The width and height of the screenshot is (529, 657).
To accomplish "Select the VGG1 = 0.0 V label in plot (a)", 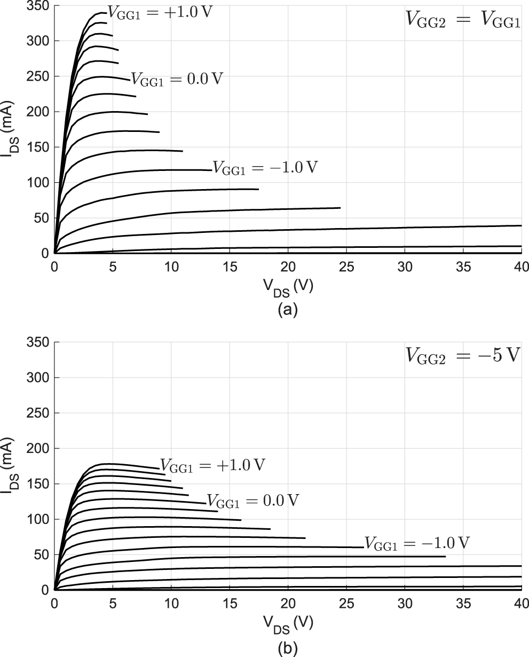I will [176, 80].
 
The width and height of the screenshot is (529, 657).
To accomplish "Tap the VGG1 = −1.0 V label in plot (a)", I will [265, 167].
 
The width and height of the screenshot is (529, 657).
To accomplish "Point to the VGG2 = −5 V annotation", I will [461, 355].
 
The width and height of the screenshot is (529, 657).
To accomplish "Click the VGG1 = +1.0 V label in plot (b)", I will [212, 465].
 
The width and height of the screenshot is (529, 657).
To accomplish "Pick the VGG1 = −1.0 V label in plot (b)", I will [417, 543].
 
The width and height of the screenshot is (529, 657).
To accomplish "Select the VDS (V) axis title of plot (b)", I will [288, 623].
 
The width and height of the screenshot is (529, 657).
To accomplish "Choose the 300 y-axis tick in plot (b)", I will [39, 378].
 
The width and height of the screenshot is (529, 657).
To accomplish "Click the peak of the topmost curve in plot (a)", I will [100, 12].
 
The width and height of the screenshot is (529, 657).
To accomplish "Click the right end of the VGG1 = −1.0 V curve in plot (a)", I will [211, 170].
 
